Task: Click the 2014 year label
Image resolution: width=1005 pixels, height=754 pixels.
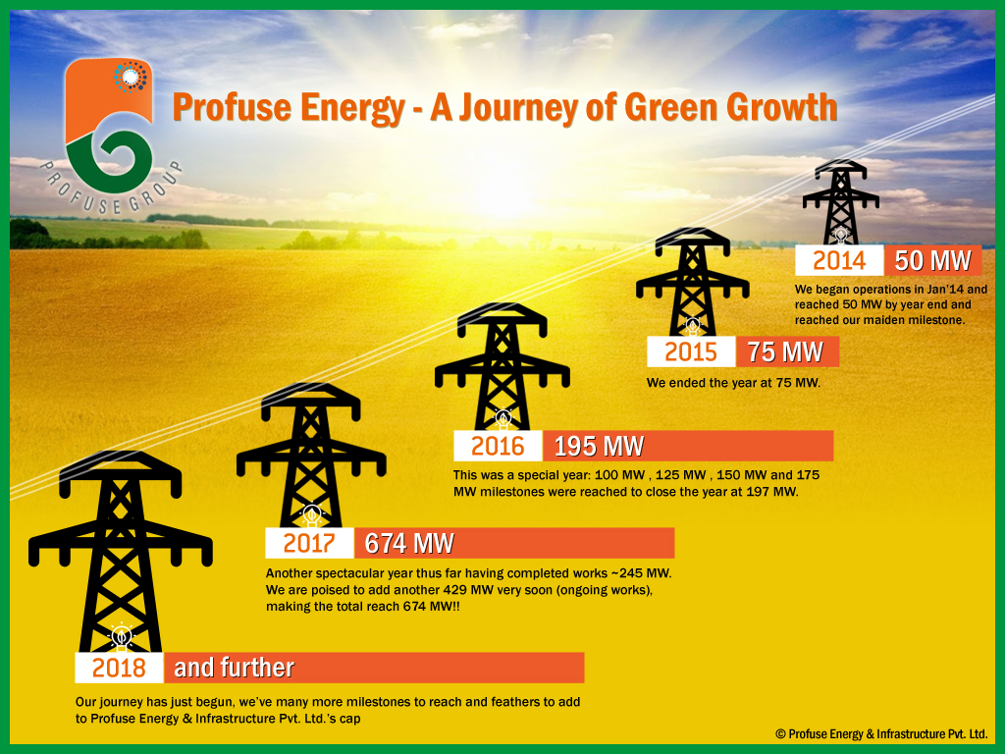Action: point(839,261)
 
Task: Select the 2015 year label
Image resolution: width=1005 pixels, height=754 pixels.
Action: point(690,352)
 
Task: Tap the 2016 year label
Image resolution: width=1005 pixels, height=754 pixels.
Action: point(498,447)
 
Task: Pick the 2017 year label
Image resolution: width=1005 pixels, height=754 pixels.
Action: point(309,544)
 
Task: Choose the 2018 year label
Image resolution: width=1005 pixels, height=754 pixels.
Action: point(119,668)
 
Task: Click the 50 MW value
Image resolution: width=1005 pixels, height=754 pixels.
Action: point(932,261)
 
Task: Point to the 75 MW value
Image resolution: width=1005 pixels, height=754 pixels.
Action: point(784,352)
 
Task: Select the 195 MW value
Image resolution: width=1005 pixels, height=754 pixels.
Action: point(599,447)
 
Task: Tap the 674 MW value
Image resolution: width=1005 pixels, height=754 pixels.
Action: point(409,544)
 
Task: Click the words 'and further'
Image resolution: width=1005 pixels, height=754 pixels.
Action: point(234,668)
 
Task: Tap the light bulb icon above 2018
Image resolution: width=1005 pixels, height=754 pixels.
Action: point(121,636)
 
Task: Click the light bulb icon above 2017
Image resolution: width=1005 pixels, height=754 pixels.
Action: point(312,514)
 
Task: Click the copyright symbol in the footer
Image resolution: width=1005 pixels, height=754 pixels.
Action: point(780,734)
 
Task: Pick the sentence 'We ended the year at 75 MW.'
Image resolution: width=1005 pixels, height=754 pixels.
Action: point(733,384)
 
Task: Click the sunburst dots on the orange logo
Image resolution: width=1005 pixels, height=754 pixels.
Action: point(131,77)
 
